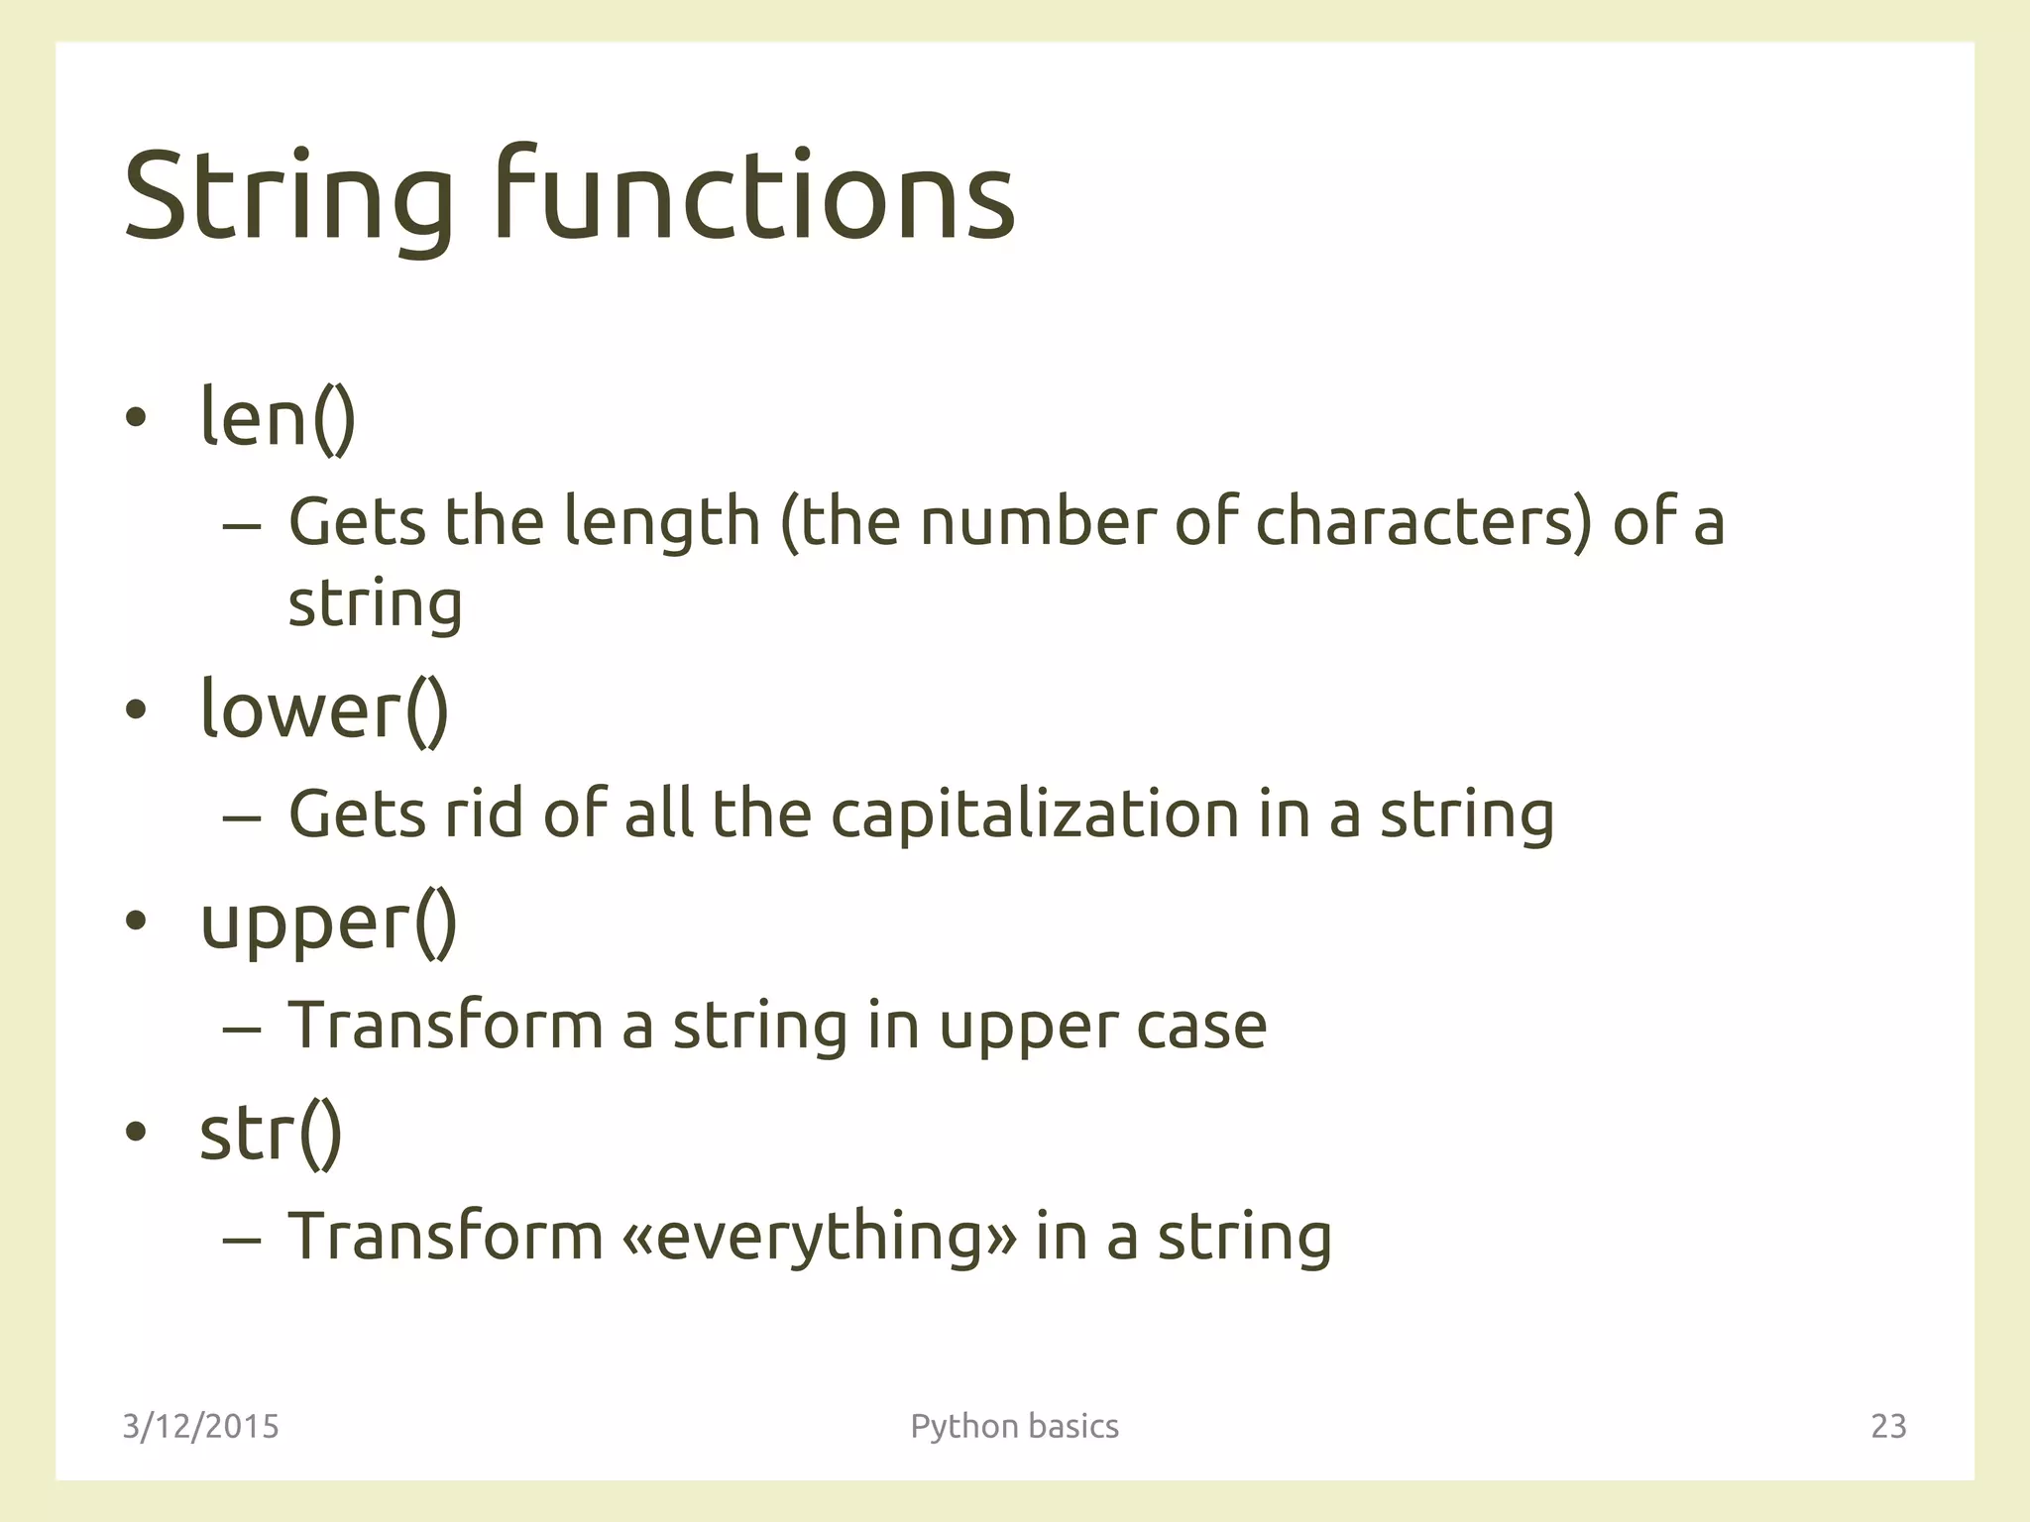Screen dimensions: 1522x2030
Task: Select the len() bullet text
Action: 278,417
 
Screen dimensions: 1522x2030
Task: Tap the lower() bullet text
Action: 324,709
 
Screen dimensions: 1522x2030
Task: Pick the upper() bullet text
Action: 328,924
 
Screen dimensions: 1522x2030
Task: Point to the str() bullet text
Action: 271,1134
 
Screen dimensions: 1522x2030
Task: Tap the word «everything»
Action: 820,1237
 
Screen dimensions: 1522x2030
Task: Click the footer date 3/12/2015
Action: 200,1426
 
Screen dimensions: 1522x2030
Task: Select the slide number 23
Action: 1888,1426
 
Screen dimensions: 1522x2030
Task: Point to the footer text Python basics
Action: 1014,1426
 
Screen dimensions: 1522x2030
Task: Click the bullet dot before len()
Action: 136,419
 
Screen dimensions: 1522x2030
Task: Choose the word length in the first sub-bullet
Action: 661,523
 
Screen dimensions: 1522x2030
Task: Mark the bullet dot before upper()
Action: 136,921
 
